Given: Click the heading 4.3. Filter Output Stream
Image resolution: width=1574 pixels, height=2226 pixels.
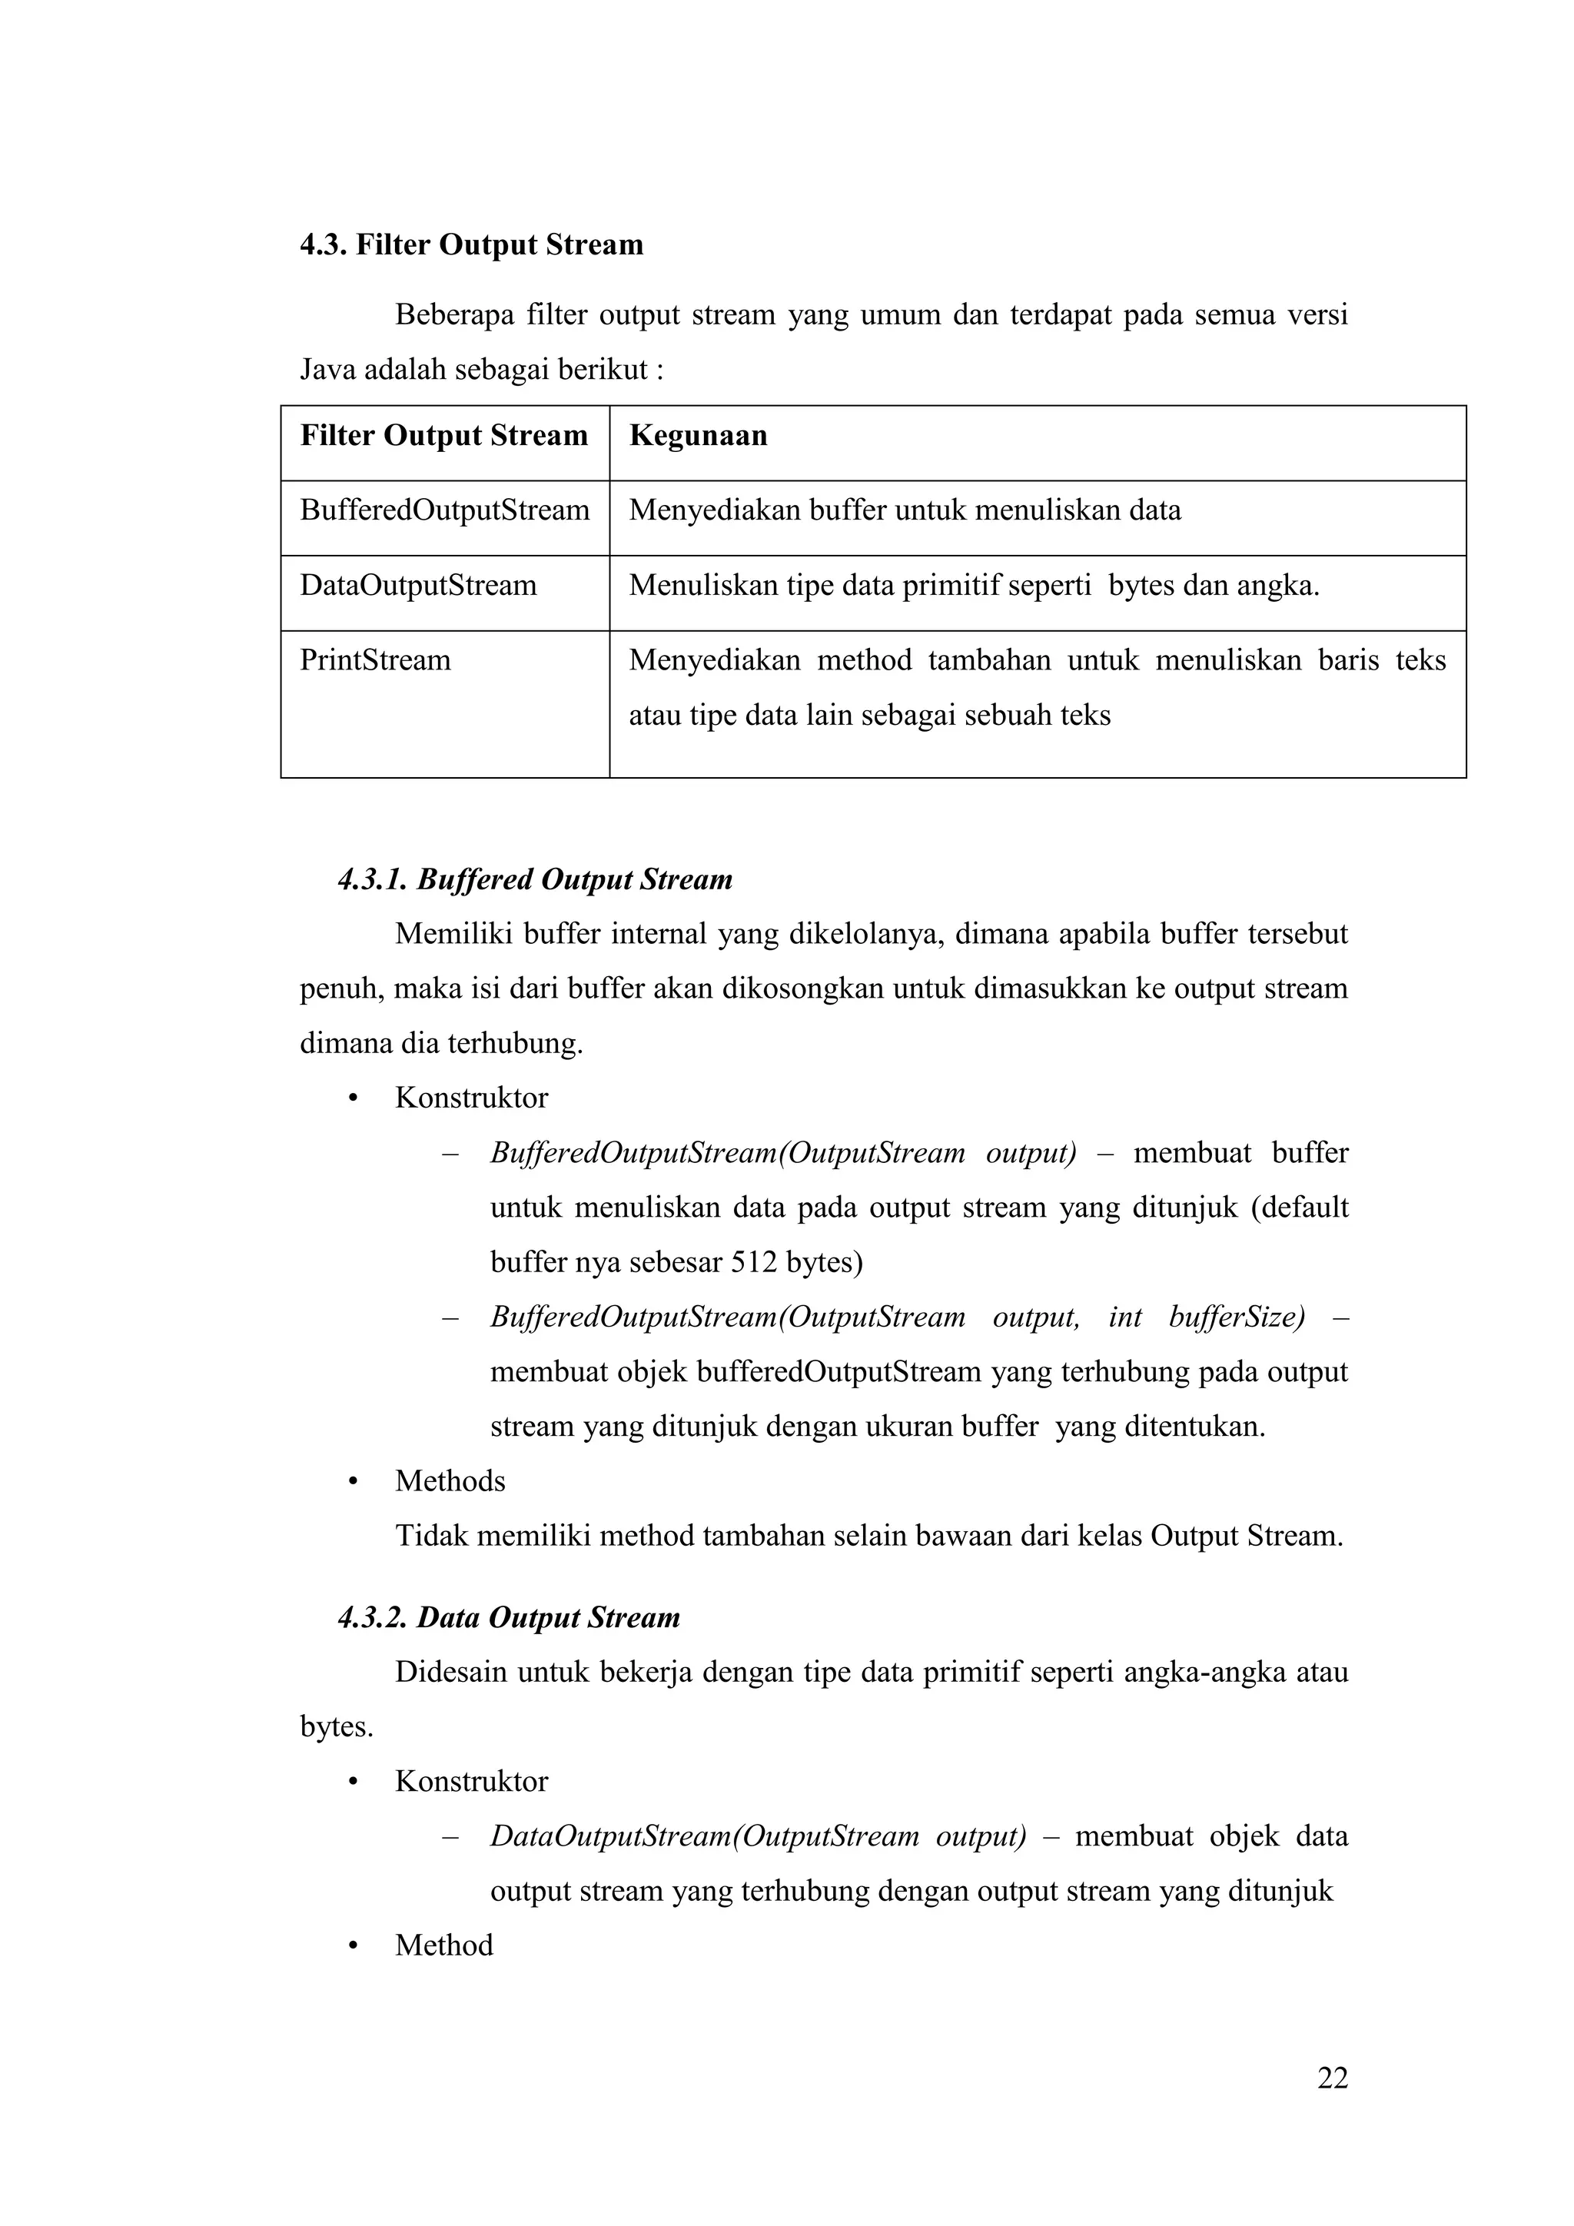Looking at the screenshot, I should (471, 244).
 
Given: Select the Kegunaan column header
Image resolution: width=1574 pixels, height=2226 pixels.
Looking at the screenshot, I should (698, 435).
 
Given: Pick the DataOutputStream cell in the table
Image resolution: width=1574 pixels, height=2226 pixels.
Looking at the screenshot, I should (418, 585).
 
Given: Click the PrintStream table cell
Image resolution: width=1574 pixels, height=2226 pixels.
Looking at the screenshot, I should (375, 660).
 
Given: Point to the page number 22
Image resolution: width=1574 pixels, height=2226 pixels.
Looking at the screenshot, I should (1333, 2078).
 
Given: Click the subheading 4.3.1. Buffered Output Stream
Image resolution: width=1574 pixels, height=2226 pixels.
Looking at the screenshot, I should (535, 879).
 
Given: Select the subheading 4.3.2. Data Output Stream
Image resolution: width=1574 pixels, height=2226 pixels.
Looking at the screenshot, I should (509, 1617).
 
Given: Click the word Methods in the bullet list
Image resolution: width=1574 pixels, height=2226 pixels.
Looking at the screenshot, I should (450, 1480).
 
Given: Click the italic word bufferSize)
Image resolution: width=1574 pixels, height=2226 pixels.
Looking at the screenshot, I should (1237, 1317).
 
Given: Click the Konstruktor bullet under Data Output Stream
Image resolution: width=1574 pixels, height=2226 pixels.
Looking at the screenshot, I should (471, 1781).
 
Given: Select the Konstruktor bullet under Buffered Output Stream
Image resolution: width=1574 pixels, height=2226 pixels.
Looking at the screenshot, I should (471, 1098).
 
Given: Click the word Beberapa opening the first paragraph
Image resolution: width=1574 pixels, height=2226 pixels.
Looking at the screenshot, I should (453, 315).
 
